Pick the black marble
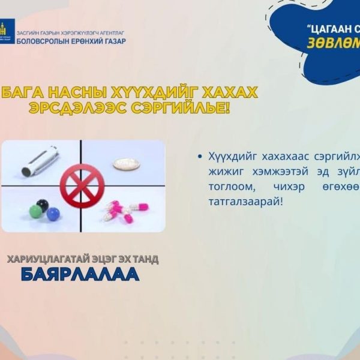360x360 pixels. pyautogui.click(x=42, y=206)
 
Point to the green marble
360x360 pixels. pyautogui.click(x=35, y=212)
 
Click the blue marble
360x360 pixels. pyautogui.click(x=53, y=213)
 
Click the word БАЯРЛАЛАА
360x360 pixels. pyautogui.click(x=80, y=275)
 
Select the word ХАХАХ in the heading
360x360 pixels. pyautogui.click(x=226, y=93)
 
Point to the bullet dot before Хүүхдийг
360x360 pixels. pyautogui.click(x=199, y=157)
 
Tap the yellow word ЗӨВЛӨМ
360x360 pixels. pyautogui.click(x=333, y=44)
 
